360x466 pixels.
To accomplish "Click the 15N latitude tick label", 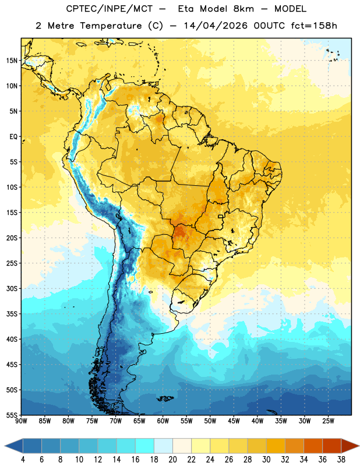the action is [12, 61].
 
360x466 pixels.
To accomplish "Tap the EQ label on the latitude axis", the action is [13, 137].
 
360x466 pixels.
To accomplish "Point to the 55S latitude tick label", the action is [12, 415].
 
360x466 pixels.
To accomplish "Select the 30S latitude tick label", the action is [12, 288].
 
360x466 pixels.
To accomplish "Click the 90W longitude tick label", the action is [21, 421].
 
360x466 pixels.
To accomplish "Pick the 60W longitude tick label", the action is [163, 421].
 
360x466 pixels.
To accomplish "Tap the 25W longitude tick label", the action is [328, 421].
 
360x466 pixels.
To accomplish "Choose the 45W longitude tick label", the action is [234, 421].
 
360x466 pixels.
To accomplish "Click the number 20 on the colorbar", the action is [172, 460].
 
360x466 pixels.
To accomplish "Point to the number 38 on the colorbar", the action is [341, 460].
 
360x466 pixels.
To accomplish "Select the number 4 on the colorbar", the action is [23, 460].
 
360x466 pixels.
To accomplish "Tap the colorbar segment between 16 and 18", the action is [145, 446].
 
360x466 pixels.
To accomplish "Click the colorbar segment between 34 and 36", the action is [313, 446].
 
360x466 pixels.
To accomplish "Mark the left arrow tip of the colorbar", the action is [5, 446].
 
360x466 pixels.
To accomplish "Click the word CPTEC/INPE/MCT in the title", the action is [109, 9].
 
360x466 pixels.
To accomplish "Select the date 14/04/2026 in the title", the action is [215, 26].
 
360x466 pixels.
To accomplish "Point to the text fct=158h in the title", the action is [314, 26].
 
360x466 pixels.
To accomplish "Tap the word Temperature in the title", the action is [111, 26].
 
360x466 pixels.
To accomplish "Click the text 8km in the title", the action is [243, 9].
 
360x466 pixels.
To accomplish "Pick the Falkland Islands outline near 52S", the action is [165, 398].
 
